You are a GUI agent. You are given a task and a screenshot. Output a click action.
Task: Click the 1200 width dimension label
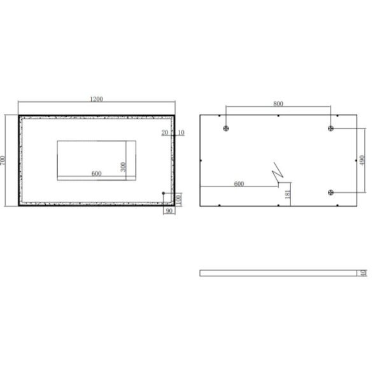[97, 99]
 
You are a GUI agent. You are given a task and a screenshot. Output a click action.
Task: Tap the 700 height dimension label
[3, 160]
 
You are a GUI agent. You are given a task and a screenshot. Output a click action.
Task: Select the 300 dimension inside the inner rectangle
[124, 167]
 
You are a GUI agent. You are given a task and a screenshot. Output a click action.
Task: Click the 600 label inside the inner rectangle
[97, 173]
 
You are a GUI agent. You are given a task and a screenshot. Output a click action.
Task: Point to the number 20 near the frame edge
[165, 132]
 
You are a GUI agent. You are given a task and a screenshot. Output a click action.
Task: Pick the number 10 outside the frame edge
[181, 132]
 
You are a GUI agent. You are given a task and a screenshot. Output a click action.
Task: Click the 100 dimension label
[179, 199]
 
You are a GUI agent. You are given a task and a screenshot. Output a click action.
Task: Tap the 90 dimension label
[169, 211]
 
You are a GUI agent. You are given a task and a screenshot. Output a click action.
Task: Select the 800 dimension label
[278, 104]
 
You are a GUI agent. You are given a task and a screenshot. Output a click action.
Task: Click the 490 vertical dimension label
[362, 160]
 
